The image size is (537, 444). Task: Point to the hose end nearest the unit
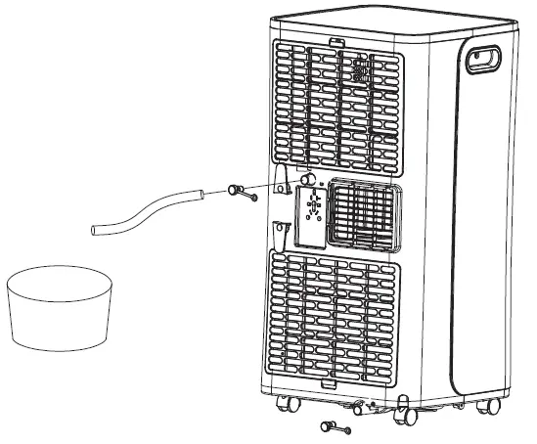199,197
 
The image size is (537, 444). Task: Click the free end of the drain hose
95,231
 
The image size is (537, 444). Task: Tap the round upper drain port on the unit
306,180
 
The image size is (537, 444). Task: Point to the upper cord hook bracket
282,177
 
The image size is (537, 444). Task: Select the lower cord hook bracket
281,233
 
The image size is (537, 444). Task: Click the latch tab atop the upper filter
337,42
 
